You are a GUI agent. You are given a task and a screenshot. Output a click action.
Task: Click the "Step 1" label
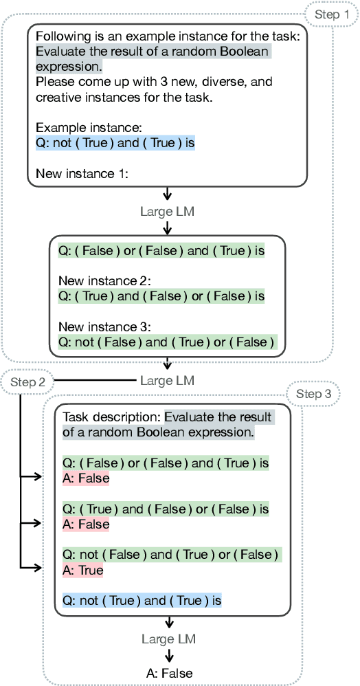click(331, 13)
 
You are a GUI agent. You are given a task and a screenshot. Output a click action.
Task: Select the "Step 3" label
click(313, 394)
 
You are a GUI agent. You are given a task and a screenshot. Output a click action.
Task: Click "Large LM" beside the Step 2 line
click(167, 380)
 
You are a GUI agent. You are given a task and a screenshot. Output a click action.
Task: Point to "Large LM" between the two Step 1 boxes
click(167, 212)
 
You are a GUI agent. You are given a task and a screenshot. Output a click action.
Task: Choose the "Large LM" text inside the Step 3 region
click(168, 639)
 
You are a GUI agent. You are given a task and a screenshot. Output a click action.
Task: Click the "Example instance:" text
click(79, 128)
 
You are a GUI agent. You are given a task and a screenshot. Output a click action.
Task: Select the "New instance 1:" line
click(81, 174)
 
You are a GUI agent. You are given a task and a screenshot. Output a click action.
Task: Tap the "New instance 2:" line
click(104, 280)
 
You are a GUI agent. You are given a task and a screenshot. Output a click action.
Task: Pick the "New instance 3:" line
click(104, 326)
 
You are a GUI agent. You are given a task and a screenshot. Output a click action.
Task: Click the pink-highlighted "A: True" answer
click(82, 571)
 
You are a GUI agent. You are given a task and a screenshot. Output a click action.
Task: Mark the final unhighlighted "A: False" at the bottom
click(169, 673)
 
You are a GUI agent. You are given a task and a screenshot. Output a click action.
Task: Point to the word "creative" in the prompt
click(57, 97)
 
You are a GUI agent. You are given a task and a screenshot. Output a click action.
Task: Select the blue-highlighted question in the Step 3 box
click(142, 601)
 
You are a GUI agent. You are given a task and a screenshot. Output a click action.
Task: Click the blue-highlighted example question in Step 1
click(115, 143)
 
